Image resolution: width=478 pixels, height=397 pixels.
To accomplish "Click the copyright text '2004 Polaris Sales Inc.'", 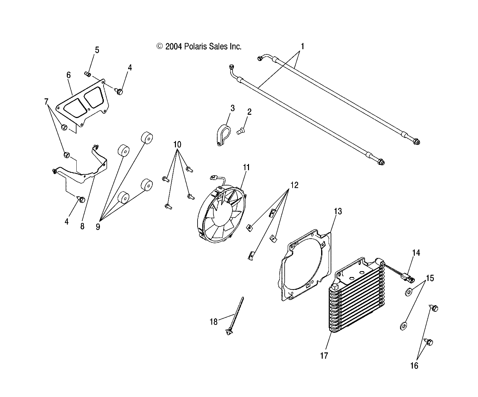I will [x=199, y=47].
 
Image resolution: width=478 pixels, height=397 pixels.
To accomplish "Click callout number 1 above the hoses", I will [x=302, y=46].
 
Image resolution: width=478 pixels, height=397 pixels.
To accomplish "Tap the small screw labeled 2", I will [x=241, y=132].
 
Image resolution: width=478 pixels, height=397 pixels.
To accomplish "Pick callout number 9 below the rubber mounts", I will [x=98, y=227].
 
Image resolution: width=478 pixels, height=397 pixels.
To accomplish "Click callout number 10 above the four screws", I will [x=177, y=144].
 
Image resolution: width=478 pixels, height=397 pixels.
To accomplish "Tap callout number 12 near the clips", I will [x=294, y=185].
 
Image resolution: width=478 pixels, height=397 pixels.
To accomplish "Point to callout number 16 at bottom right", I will [x=414, y=366].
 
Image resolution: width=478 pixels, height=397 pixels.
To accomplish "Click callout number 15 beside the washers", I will [x=430, y=278].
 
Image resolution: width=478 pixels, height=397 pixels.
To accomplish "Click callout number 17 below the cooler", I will [x=324, y=356].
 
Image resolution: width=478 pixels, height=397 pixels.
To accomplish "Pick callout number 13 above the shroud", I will [x=338, y=211].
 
